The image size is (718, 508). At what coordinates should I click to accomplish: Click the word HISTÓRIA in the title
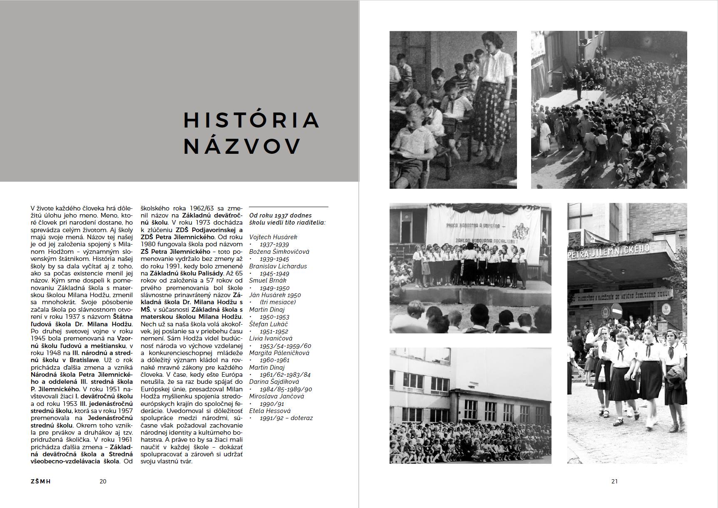tap(251, 120)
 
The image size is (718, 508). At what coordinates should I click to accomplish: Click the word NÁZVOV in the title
tap(242, 146)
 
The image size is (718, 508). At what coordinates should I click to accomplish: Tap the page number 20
tap(103, 481)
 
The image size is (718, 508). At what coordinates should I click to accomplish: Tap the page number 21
tap(614, 481)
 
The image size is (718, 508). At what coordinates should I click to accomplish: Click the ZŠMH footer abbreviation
tap(41, 481)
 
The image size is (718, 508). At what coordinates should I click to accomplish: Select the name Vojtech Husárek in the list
tap(273, 237)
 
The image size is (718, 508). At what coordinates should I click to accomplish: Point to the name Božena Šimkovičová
tap(279, 252)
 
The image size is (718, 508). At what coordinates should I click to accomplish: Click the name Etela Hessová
tap(270, 411)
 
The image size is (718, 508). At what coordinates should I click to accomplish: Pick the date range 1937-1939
tap(274, 245)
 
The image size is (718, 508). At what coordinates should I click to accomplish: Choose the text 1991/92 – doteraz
tap(286, 418)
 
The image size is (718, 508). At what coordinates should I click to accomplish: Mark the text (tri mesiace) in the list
tap(278, 302)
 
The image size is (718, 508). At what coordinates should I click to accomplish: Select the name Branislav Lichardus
tap(278, 266)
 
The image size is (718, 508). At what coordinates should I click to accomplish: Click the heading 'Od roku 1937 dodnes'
tap(281, 215)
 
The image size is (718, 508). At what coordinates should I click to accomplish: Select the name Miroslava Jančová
tap(276, 396)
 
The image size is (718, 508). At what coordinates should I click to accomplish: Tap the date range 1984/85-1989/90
tap(286, 389)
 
